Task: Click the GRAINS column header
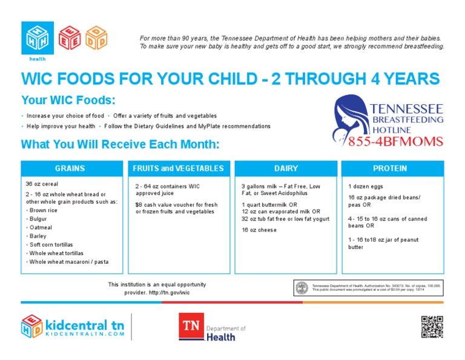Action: click(70, 168)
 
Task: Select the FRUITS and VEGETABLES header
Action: click(178, 168)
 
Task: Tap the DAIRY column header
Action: click(285, 168)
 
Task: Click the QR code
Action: click(432, 326)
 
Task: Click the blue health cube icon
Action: click(37, 38)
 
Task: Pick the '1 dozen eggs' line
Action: click(366, 187)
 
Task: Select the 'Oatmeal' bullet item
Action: click(41, 227)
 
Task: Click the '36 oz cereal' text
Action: click(41, 184)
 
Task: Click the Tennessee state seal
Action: click(301, 287)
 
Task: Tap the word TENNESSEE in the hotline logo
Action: click(406, 110)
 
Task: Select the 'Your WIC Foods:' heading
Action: click(68, 100)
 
